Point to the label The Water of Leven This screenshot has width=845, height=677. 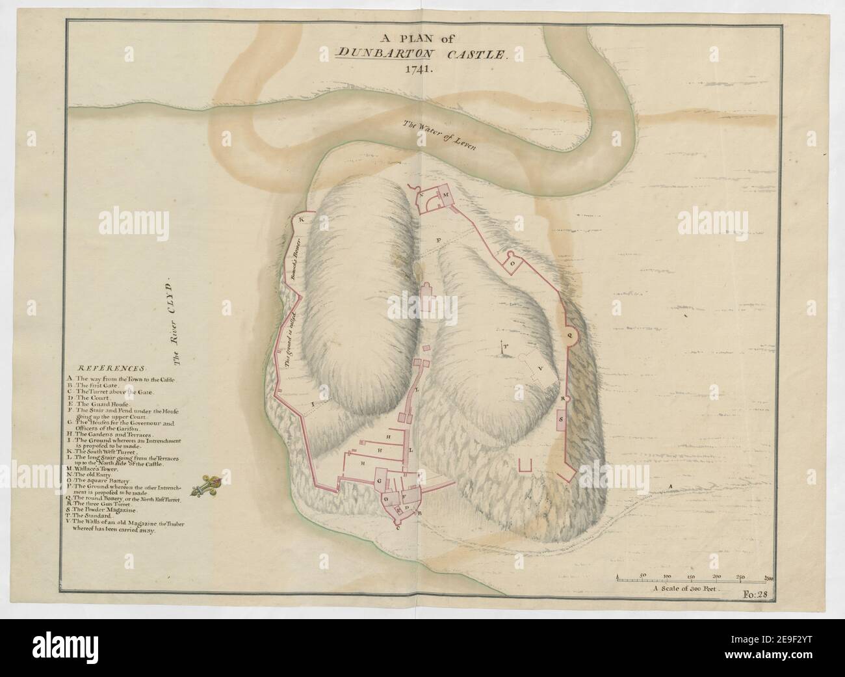(x=439, y=135)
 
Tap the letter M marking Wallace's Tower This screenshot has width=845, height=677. (x=446, y=195)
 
